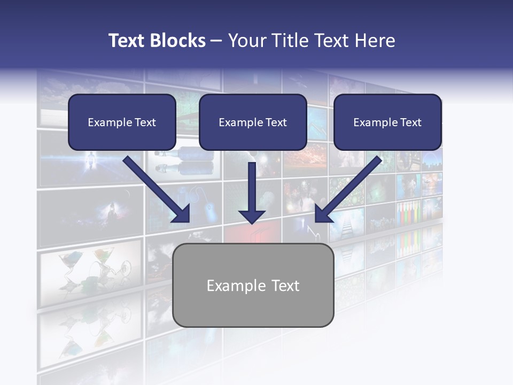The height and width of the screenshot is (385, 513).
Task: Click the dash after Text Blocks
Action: [x=216, y=41]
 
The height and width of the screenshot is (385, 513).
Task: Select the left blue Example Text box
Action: [x=122, y=122]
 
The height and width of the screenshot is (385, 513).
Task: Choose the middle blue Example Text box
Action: [x=253, y=122]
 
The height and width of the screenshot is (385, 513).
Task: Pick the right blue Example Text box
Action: [x=387, y=122]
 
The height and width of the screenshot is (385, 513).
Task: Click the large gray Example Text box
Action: [x=253, y=285]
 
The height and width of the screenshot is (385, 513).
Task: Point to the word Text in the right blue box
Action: [x=411, y=122]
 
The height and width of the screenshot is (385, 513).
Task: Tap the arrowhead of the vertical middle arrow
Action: [x=252, y=216]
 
